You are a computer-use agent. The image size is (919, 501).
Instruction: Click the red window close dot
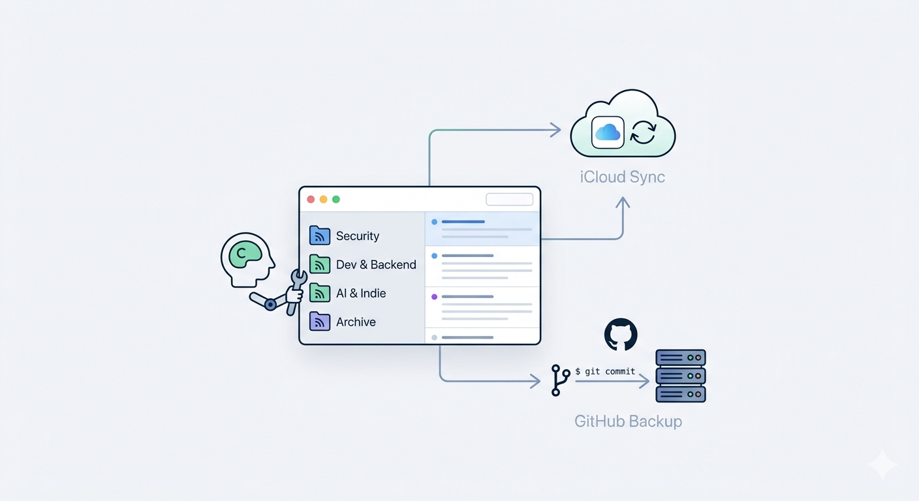point(311,200)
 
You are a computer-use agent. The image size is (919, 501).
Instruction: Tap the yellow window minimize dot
point(323,200)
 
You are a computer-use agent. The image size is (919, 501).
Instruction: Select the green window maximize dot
point(336,200)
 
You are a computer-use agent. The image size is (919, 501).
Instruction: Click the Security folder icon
point(319,235)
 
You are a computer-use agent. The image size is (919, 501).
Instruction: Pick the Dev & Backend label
point(376,265)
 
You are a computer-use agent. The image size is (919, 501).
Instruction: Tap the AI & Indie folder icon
point(319,293)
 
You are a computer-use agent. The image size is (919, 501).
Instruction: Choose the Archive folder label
point(356,322)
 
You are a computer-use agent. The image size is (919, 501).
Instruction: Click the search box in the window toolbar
point(509,200)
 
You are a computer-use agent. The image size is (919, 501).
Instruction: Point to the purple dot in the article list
point(434,297)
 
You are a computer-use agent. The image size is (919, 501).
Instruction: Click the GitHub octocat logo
point(621,335)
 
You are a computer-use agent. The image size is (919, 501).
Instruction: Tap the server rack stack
point(681,376)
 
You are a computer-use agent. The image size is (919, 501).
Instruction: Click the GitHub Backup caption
point(628,421)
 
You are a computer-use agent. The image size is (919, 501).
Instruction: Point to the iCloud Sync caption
point(623,177)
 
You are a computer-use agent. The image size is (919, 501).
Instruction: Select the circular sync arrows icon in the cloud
point(643,132)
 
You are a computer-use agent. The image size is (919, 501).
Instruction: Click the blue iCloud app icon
point(608,132)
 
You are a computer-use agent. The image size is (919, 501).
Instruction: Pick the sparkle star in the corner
point(882,465)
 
